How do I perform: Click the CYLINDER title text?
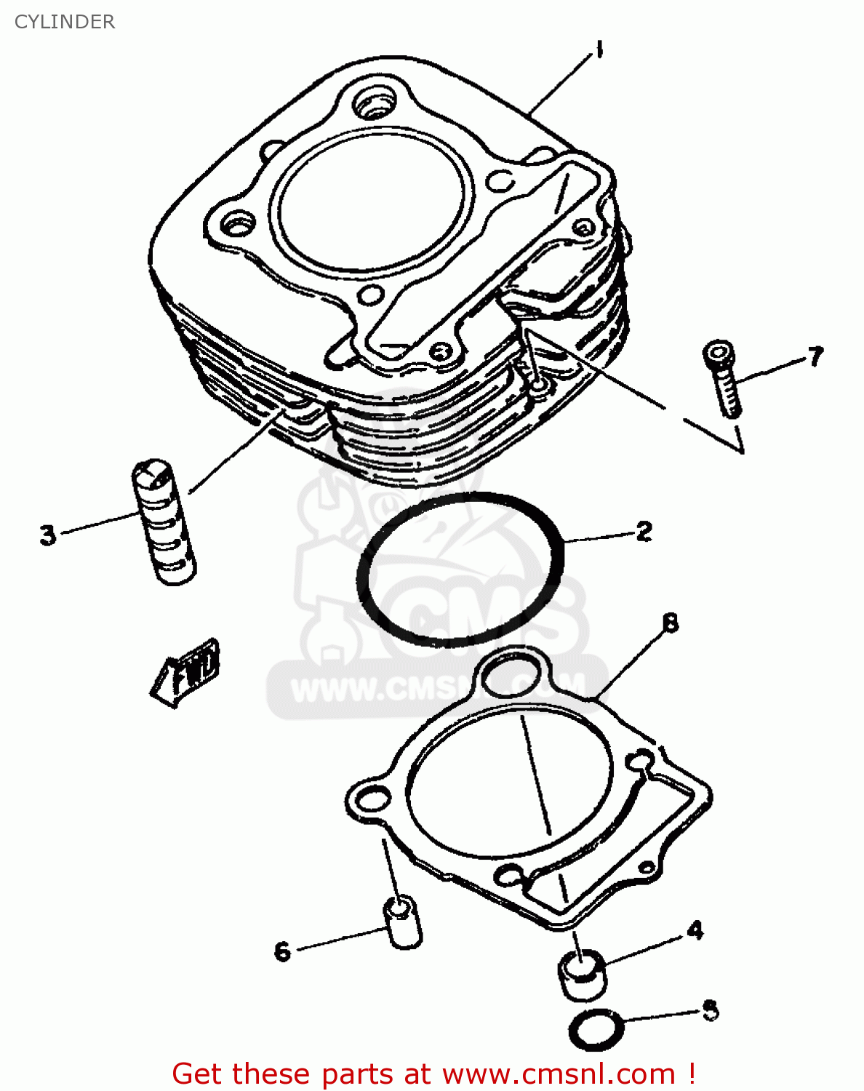[x=65, y=22]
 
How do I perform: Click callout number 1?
[x=599, y=50]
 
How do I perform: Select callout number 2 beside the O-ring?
[x=644, y=532]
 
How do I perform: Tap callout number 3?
[x=48, y=535]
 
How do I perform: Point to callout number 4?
[x=695, y=930]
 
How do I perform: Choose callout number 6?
[x=282, y=951]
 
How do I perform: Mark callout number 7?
[x=815, y=357]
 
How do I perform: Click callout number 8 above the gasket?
[x=670, y=623]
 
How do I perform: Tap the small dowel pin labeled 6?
[x=403, y=922]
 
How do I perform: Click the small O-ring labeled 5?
[x=596, y=1029]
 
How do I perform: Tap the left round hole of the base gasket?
[x=372, y=799]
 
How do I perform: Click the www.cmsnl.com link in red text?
[x=559, y=1074]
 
